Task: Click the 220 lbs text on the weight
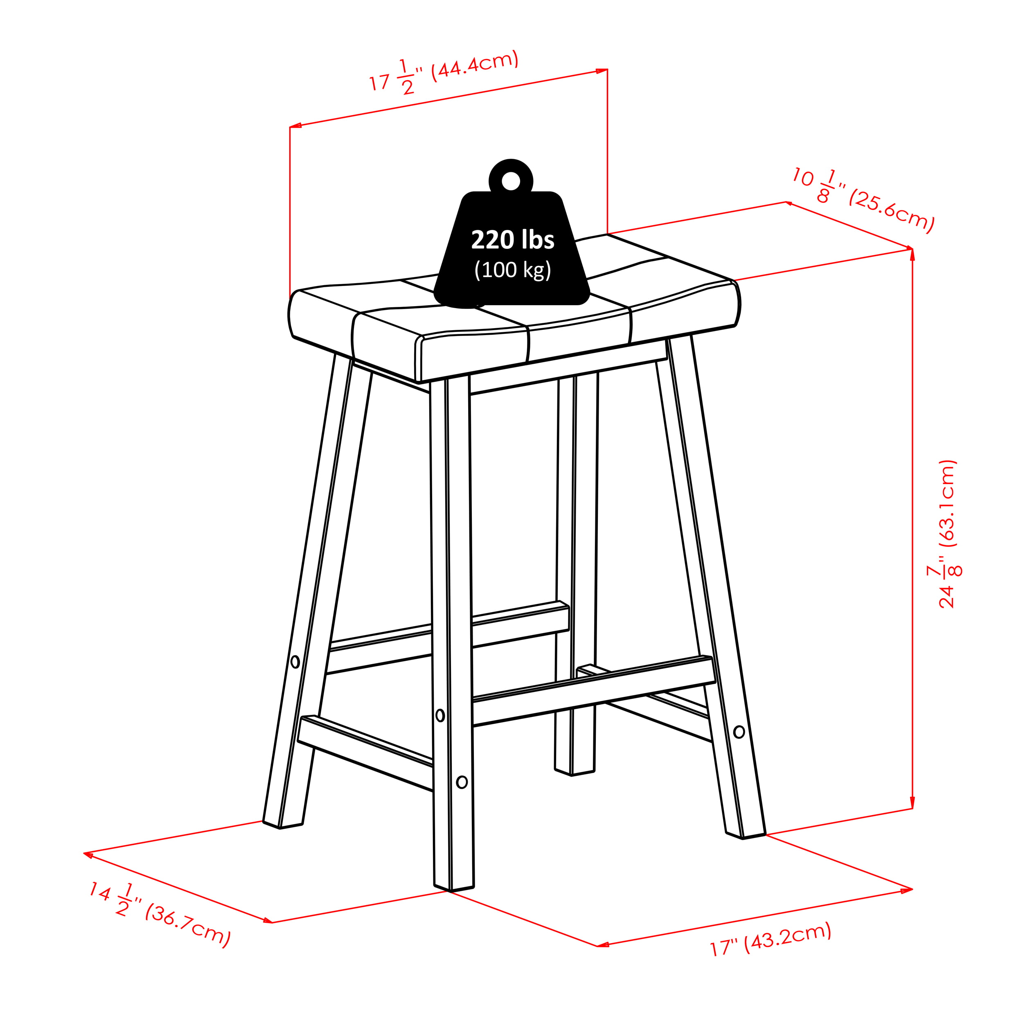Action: (513, 240)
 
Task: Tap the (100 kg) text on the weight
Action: (513, 270)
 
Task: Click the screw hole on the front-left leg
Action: (295, 661)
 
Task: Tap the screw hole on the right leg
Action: (739, 732)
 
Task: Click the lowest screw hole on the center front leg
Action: (462, 782)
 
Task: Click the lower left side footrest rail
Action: (365, 752)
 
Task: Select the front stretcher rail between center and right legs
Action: (593, 691)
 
